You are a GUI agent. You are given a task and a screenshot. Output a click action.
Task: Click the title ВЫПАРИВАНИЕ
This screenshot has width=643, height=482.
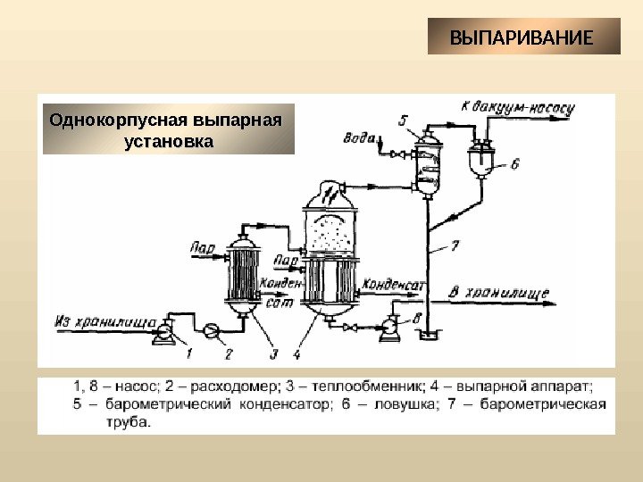coord(522,39)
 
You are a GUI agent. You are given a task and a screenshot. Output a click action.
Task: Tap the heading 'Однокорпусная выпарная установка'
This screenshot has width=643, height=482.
coord(170,129)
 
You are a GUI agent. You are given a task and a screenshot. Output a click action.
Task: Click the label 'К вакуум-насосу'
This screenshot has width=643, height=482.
coord(517,108)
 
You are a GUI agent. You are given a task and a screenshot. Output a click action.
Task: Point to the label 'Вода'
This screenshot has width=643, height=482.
coord(358,137)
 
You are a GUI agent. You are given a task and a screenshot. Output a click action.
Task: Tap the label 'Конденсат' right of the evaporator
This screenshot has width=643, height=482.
coord(393,284)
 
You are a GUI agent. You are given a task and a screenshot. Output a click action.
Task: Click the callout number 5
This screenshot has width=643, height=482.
coord(403,120)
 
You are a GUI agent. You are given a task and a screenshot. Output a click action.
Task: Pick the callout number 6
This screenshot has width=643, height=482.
coord(515,164)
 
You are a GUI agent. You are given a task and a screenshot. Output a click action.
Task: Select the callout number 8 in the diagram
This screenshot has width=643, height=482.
coord(417,317)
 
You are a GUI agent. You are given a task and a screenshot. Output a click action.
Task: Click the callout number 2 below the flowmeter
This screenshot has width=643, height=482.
coord(228,354)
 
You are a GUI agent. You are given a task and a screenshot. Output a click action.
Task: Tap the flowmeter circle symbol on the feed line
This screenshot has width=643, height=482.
coord(212,331)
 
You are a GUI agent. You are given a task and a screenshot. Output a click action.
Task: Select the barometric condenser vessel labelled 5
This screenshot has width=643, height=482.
coord(429,161)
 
